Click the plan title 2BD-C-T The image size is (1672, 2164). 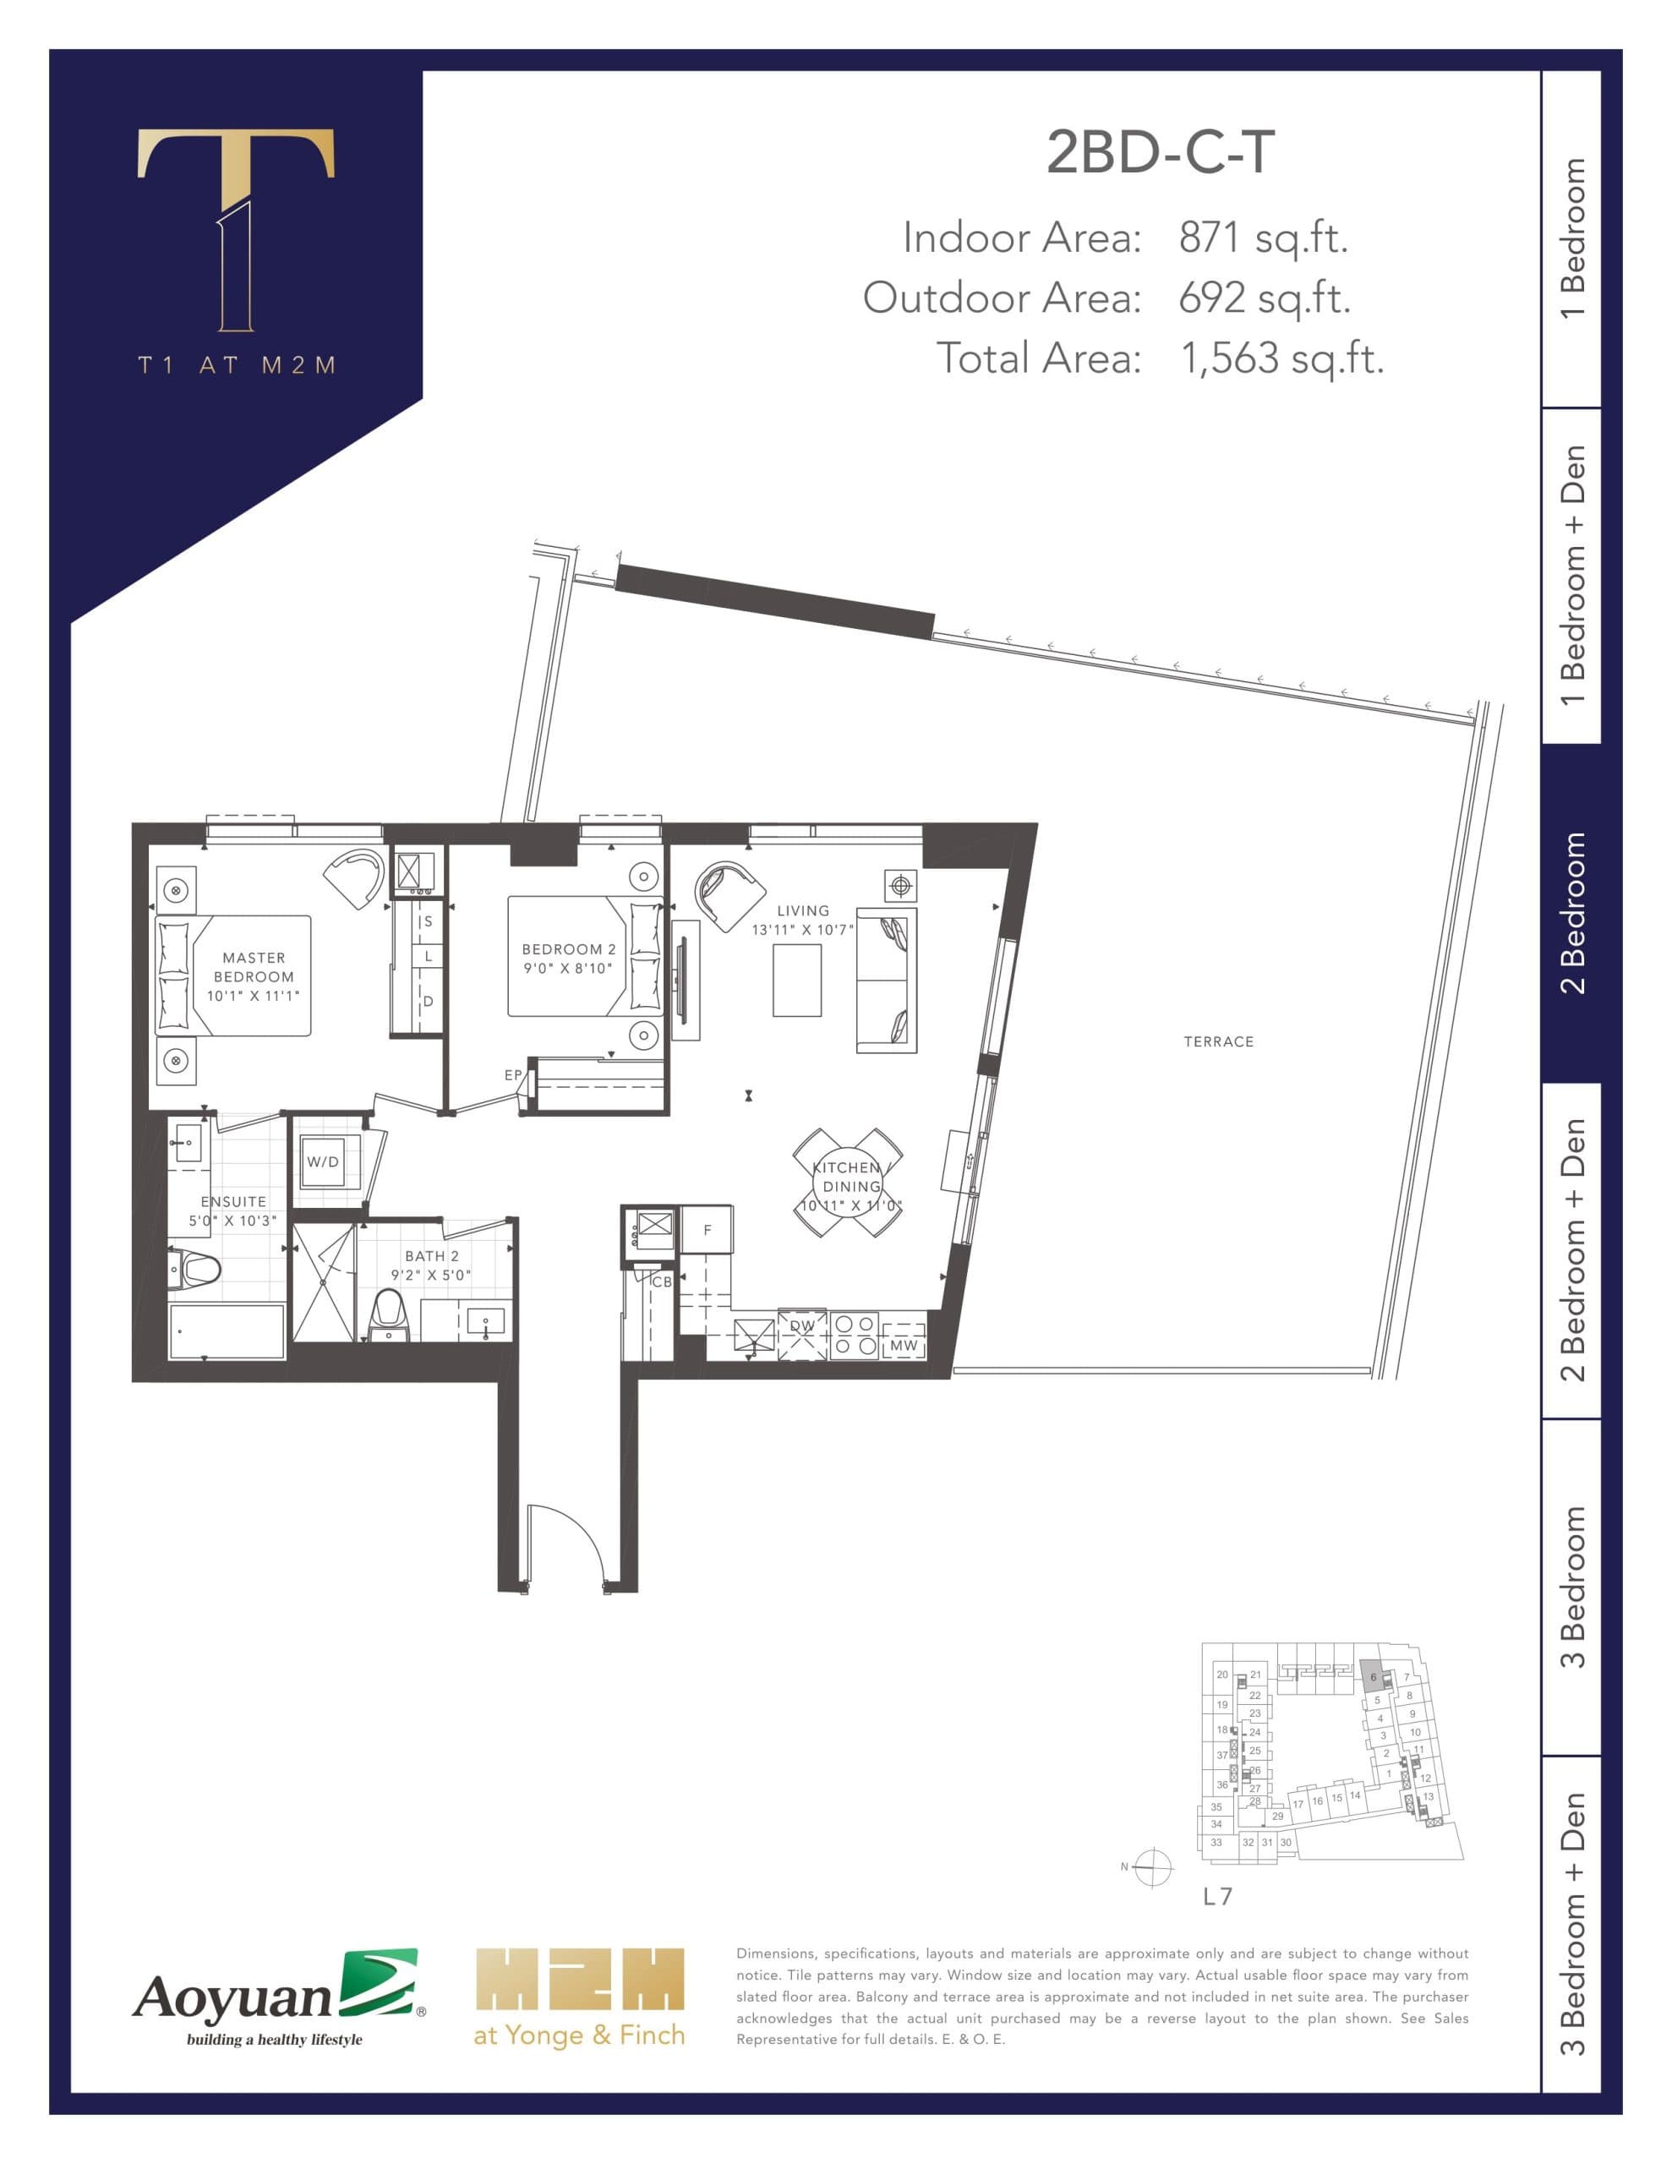[1160, 154]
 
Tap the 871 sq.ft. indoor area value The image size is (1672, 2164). [1263, 238]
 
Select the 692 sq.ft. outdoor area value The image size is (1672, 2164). [1264, 298]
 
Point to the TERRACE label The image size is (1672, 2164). [1218, 1041]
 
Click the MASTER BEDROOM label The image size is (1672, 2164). [254, 976]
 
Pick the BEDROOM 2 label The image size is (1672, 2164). [568, 958]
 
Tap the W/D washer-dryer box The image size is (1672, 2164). [323, 1161]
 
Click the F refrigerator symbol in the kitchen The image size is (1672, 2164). [707, 1230]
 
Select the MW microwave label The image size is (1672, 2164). [903, 1345]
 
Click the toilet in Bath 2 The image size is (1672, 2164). [389, 1313]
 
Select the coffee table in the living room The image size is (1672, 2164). [797, 981]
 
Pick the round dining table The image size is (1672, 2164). [847, 1183]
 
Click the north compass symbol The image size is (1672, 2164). [1153, 1868]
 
